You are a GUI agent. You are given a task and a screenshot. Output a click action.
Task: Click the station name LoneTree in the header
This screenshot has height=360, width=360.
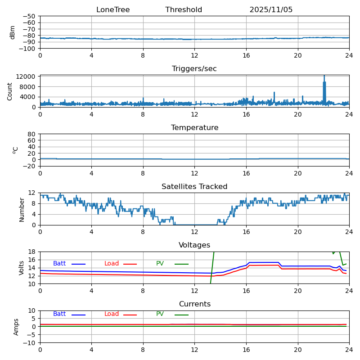113,10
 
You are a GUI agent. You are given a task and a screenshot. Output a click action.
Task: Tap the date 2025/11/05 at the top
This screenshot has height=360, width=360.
271,10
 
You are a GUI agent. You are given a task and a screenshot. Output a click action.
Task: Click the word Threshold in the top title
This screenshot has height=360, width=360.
184,10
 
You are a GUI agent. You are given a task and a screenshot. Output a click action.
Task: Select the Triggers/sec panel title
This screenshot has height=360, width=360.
194,69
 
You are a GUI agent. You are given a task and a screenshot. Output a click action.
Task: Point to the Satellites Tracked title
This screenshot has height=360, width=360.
194,187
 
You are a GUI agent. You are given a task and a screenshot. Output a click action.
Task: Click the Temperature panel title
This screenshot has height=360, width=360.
194,128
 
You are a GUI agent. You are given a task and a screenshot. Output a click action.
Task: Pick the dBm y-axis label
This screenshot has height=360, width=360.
13,32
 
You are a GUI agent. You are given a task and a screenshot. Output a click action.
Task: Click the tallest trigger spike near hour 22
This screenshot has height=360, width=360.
324,76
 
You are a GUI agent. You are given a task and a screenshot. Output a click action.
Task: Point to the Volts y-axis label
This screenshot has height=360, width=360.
22,268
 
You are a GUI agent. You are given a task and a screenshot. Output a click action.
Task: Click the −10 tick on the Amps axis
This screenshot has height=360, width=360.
31,343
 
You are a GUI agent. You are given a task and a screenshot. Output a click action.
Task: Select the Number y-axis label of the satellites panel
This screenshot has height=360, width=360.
22,209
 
